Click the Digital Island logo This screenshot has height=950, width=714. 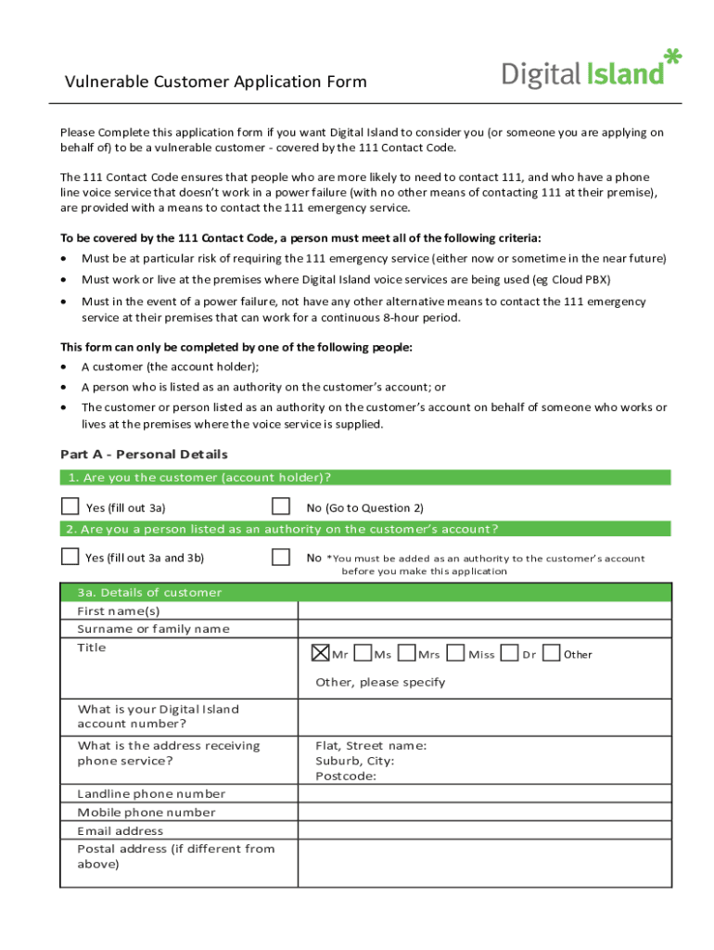(591, 70)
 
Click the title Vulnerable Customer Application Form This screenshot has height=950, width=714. (215, 82)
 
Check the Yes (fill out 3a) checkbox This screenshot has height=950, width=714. (70, 507)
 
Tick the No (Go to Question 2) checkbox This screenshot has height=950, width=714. (280, 507)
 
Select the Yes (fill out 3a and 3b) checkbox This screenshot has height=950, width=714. (70, 557)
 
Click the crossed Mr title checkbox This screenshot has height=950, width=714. (320, 653)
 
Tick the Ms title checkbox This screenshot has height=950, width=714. (363, 653)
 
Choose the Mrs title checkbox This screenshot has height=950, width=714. (406, 653)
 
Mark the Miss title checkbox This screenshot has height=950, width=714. (455, 653)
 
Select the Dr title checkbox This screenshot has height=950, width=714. (509, 653)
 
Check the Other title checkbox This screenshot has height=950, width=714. (551, 653)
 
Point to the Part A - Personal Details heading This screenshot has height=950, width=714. (144, 455)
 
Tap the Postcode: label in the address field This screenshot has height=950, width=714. (346, 777)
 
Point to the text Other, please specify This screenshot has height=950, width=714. (380, 682)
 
